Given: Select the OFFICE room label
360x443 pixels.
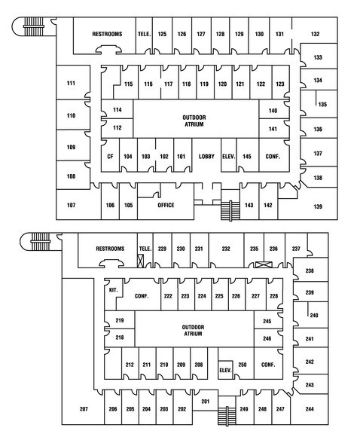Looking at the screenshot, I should coord(166,205).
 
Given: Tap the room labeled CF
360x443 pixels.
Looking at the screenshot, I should coord(110,156).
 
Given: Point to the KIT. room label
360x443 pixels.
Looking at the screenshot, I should coord(114,289).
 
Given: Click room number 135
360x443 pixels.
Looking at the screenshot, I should coord(322,104).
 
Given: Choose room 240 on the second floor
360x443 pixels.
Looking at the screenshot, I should coord(314,315).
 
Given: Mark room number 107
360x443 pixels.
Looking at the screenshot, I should coord(72,205).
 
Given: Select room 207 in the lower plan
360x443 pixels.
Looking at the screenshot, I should coord(84,409).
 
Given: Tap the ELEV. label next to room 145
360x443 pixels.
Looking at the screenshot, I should coord(229,156).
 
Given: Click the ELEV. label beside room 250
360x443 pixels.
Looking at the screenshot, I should coord(224,369).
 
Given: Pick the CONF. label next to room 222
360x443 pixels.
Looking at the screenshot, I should coord(142,296).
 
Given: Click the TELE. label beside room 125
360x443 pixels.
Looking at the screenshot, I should coord(144,34).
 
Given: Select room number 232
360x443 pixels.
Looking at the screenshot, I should coord(225,248).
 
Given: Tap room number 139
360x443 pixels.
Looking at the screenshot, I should coord(318,206).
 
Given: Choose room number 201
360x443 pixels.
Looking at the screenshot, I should coord(205,402).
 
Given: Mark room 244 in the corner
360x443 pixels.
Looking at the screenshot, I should coord(310,409).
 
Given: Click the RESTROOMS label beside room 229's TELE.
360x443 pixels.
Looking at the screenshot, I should coord(110,248).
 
